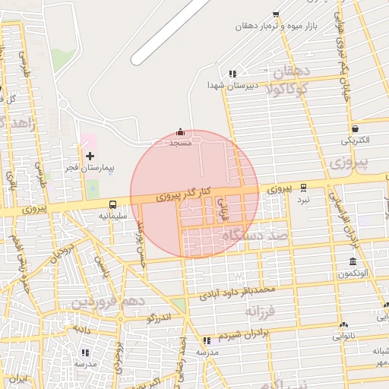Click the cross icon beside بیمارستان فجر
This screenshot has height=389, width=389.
pyautogui.click(x=90, y=156)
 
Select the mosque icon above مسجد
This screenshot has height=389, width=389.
pyautogui.click(x=180, y=132)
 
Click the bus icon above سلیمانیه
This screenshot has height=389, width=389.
pyautogui.click(x=112, y=204)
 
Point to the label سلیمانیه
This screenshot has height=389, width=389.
pyautogui.click(x=112, y=216)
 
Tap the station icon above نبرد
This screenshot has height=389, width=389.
pyautogui.click(x=304, y=187)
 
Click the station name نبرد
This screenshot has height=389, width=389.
pyautogui.click(x=303, y=198)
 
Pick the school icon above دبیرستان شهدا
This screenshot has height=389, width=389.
pyautogui.click(x=232, y=74)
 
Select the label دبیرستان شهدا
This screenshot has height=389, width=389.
pyautogui.click(x=233, y=86)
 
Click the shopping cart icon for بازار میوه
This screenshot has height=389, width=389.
pyautogui.click(x=275, y=14)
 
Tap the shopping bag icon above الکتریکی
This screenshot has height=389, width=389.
pyautogui.click(x=355, y=128)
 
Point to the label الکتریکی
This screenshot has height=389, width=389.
pyautogui.click(x=355, y=140)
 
